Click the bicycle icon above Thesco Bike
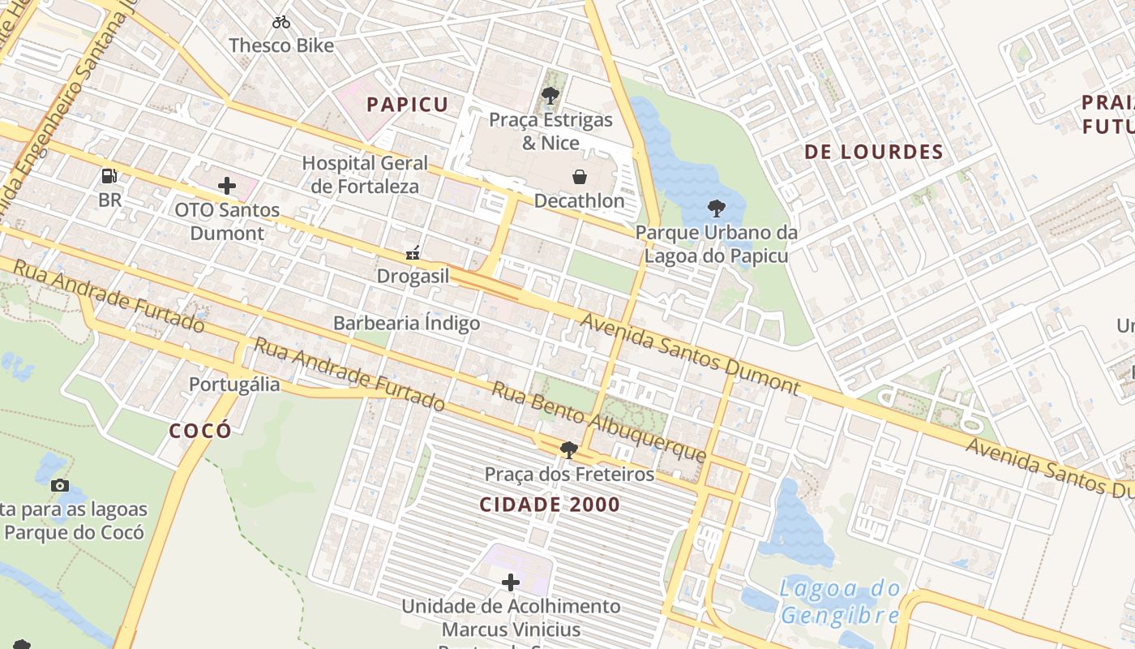pyautogui.click(x=281, y=22)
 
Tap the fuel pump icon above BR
pyautogui.click(x=109, y=175)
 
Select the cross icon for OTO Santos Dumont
pyautogui.click(x=227, y=186)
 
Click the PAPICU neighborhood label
pyautogui.click(x=407, y=105)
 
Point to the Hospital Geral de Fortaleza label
pyautogui.click(x=365, y=174)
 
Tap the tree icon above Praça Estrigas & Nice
pyautogui.click(x=550, y=96)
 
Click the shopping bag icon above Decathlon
pyautogui.click(x=580, y=177)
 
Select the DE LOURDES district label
pyautogui.click(x=874, y=152)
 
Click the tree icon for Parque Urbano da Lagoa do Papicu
pyautogui.click(x=716, y=208)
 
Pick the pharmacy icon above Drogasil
pyautogui.click(x=413, y=253)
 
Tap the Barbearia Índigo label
pyautogui.click(x=407, y=323)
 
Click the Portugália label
pyautogui.click(x=234, y=384)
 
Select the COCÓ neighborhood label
pyautogui.click(x=200, y=431)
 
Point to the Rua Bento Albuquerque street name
pyautogui.click(x=599, y=422)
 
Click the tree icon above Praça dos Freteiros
pyautogui.click(x=569, y=449)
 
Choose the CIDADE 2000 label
pyautogui.click(x=550, y=505)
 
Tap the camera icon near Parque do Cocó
pyautogui.click(x=60, y=485)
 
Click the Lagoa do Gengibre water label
pyautogui.click(x=841, y=601)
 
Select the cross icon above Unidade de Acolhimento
pyautogui.click(x=511, y=582)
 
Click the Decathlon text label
pyautogui.click(x=579, y=200)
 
